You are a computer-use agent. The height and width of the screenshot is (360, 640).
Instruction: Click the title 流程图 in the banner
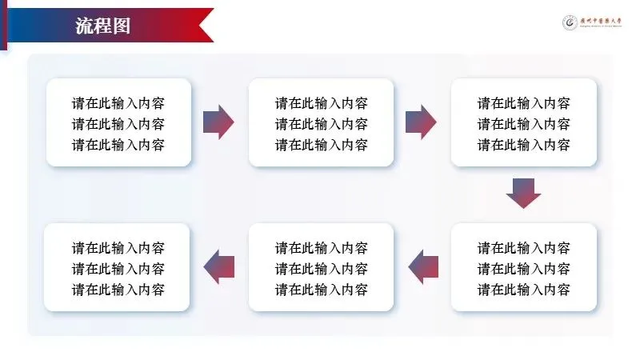102,26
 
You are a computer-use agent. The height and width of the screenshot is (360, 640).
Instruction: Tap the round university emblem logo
570,23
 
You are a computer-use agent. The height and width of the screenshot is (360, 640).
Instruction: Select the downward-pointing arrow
524,193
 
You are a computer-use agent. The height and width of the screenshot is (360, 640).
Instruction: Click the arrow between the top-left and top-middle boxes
218,122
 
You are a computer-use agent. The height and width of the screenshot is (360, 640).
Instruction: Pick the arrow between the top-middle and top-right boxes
421,122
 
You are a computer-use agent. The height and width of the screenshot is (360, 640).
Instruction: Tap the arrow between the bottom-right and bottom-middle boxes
424,266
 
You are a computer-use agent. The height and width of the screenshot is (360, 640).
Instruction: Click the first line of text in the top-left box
118,103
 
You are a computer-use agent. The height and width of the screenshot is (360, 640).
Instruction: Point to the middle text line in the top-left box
118,124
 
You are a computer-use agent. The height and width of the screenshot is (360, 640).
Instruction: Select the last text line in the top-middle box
322,145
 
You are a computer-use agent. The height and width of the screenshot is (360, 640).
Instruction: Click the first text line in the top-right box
524,103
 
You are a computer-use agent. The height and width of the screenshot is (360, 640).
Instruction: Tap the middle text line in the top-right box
524,124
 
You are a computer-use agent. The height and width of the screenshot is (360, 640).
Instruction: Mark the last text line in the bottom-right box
524,289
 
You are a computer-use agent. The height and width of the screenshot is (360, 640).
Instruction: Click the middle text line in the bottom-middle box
322,268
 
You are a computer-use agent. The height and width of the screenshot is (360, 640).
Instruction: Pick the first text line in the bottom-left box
118,247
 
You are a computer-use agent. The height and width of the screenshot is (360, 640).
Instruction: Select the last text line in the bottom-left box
118,289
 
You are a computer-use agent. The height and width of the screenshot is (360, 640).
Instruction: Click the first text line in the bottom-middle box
322,247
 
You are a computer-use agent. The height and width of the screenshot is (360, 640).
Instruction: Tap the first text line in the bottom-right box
524,247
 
